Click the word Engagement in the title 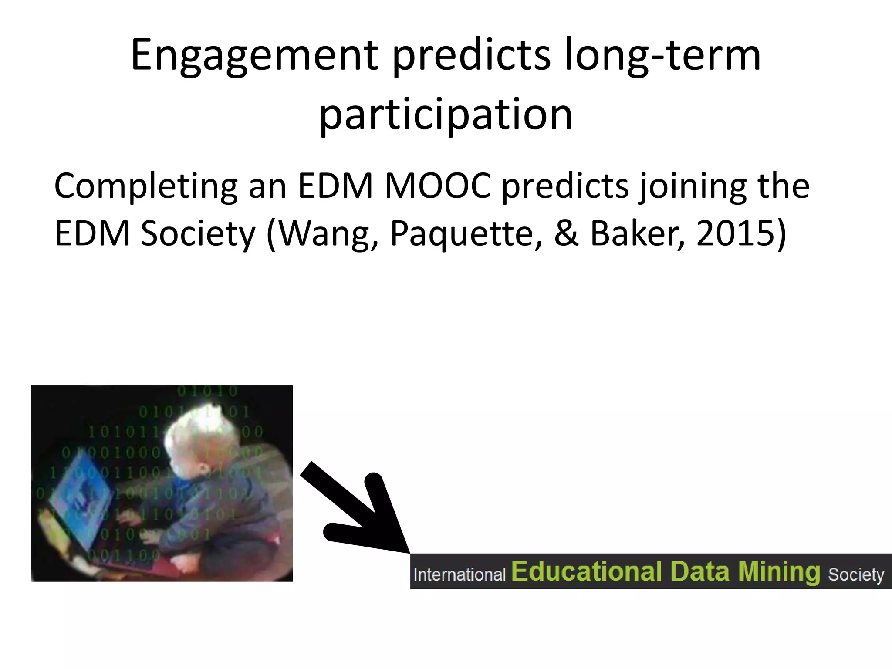(255, 56)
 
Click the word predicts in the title (471, 56)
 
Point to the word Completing (146, 186)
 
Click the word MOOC (438, 186)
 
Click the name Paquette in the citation (466, 234)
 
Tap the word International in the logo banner (460, 575)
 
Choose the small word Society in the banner (856, 575)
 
